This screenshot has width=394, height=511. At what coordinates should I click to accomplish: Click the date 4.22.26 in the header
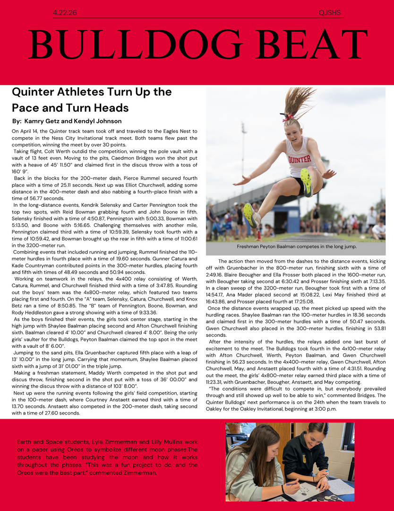pos(65,13)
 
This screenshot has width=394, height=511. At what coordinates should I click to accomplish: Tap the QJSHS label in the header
pos(329,13)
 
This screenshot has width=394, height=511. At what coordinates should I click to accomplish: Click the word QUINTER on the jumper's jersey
pos(299,159)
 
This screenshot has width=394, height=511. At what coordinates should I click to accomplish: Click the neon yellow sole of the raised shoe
pos(306,182)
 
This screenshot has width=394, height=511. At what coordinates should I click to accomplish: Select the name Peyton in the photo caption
pos(273,247)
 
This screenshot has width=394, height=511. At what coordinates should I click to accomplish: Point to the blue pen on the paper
pos(292,483)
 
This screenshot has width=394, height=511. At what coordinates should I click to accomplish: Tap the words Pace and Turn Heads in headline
pos(70,107)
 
